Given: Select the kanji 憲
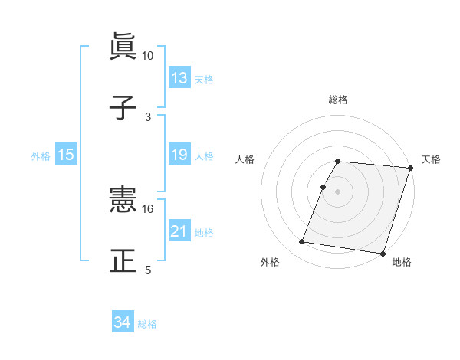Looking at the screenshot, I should (x=123, y=201).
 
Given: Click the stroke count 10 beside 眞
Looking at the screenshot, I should (x=148, y=56).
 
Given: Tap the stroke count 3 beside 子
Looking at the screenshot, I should (x=148, y=116).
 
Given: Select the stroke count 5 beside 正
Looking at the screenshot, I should (x=148, y=270).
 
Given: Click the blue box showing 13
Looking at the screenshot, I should (x=179, y=78).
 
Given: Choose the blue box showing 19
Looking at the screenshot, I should (x=179, y=155).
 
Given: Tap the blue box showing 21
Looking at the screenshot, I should (x=179, y=231).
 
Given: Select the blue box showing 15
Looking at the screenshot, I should (x=66, y=155).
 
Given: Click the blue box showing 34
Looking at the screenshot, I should (x=123, y=323).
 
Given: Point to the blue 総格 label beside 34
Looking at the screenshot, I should (x=147, y=324).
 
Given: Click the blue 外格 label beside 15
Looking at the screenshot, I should (x=41, y=155).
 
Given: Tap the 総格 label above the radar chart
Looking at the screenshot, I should (x=338, y=100).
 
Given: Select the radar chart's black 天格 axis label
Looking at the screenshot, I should (x=432, y=159).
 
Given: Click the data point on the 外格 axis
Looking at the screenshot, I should (x=302, y=242).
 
